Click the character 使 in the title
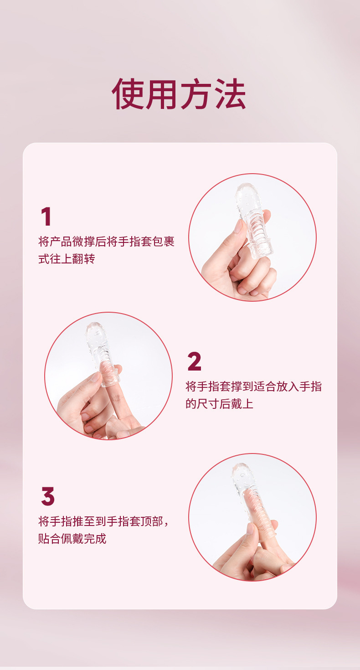tap(128, 94)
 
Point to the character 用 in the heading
tap(162, 94)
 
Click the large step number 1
tap(46, 217)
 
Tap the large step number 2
tap(194, 362)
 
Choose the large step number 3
tap(47, 497)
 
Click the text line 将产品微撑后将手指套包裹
tap(106, 242)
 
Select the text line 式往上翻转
tap(67, 259)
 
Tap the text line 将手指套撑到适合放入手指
tap(253, 387)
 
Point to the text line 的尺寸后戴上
tap(219, 404)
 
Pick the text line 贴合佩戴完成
tap(72, 538)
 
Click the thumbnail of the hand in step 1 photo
tap(239, 227)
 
